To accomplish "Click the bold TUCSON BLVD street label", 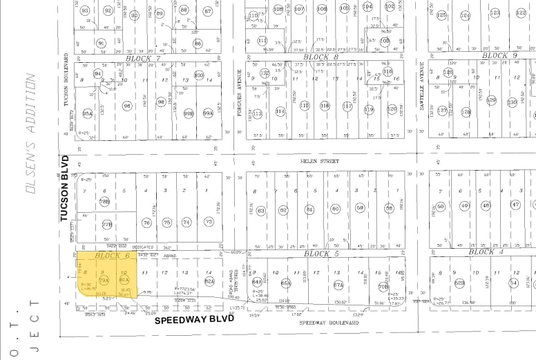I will pyautogui.click(x=66, y=188).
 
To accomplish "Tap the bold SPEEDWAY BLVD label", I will pyautogui.click(x=190, y=320).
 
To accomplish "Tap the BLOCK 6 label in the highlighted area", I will pyautogui.click(x=113, y=256).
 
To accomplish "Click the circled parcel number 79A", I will pyautogui.click(x=105, y=281).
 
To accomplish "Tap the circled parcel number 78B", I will pyautogui.click(x=105, y=202).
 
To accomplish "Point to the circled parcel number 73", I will pyautogui.click(x=208, y=222).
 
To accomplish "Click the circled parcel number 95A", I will pyautogui.click(x=88, y=113).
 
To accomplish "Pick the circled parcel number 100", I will pyautogui.click(x=199, y=75).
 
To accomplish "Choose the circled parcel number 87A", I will pyautogui.click(x=338, y=284).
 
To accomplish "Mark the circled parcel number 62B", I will pyautogui.click(x=459, y=283).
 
